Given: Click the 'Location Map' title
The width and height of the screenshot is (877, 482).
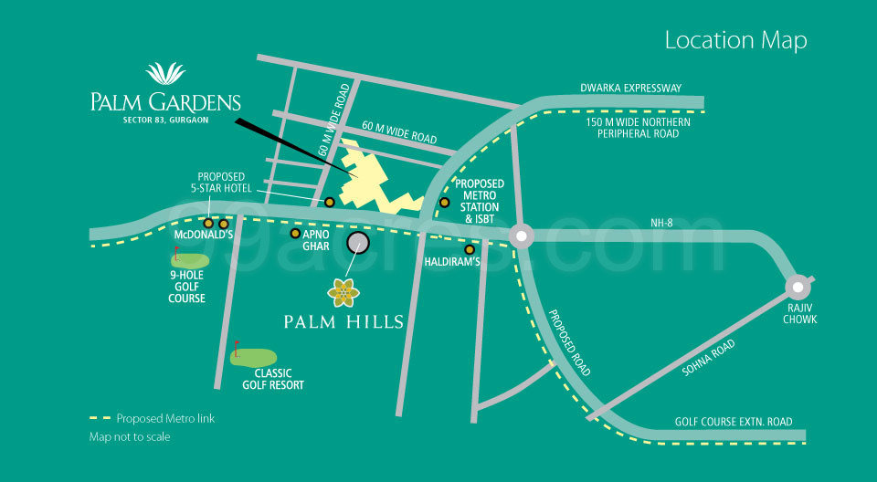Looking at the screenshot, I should [735, 40].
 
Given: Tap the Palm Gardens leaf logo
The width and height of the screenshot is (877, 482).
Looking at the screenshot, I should [165, 73].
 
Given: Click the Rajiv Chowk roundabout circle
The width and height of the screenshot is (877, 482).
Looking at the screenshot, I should [799, 286].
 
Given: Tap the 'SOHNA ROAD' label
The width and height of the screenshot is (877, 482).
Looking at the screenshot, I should [709, 357].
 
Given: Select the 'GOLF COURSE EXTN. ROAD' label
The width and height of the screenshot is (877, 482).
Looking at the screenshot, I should [734, 422].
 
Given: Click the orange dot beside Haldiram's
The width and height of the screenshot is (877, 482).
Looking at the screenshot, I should [470, 249].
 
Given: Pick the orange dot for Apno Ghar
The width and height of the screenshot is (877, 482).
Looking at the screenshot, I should [295, 234].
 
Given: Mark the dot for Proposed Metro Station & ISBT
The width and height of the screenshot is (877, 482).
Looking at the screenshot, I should [445, 203].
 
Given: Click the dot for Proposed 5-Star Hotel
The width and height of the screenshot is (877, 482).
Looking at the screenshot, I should [330, 202].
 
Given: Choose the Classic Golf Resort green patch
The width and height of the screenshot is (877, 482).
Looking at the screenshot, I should [254, 357].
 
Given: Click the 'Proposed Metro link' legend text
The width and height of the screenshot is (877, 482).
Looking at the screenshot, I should [165, 418].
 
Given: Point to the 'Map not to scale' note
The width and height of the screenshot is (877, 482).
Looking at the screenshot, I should [129, 436].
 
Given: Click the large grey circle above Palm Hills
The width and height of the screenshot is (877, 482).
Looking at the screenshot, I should [358, 242].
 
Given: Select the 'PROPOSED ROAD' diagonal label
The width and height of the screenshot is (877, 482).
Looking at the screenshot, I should [569, 342].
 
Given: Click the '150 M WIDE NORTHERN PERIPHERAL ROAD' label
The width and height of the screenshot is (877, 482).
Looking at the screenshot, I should [638, 128].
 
